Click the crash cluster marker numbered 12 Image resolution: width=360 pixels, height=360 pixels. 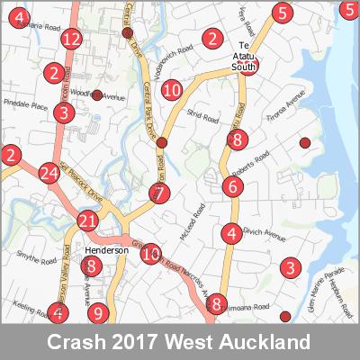[72, 39]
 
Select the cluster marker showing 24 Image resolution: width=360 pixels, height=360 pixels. [49, 174]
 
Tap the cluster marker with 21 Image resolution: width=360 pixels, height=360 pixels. [87, 221]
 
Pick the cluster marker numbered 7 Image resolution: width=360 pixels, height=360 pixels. [159, 193]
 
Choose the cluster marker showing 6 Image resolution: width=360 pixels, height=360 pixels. [233, 187]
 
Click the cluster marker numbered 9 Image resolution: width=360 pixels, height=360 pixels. [99, 314]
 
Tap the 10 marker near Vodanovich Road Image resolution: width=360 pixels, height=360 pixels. [172, 89]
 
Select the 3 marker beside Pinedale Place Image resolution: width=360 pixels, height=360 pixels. [62, 112]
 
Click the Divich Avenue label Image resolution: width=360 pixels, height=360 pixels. [263, 238]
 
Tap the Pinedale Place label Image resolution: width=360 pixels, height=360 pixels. [24, 106]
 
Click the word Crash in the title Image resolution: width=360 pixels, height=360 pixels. [76, 343]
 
